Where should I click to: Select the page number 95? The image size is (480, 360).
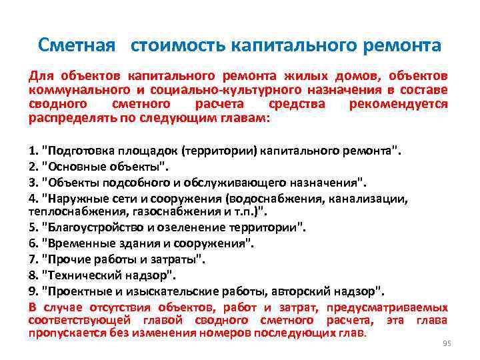click(447, 343)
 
